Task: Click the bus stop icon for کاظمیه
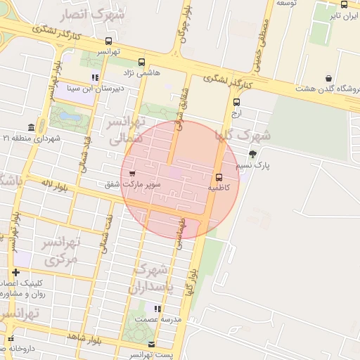click(x=218, y=177)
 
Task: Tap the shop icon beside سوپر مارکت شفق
click(x=132, y=173)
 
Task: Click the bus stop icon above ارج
click(x=236, y=102)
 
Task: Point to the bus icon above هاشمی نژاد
click(x=141, y=62)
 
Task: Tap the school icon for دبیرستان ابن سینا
click(x=95, y=78)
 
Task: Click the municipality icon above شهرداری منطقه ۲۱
click(x=31, y=127)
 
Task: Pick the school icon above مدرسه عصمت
click(x=157, y=309)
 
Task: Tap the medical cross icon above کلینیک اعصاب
click(x=15, y=272)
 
